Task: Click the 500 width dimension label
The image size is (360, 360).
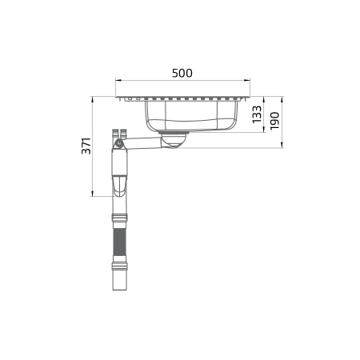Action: pos(182,73)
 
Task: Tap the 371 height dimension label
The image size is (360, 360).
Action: pos(86,146)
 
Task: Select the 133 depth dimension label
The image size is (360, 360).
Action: pos(257,114)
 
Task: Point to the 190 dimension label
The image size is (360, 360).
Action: pos(274,121)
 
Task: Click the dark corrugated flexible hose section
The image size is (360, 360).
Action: pos(120,242)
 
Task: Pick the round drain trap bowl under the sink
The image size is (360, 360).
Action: pos(174,139)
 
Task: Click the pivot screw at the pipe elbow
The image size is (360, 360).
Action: pos(119,144)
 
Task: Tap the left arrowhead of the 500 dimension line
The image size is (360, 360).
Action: pos(118,80)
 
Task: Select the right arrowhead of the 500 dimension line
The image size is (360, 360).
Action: pos(247,80)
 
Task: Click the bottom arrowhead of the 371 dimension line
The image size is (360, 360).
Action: pos(92,194)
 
